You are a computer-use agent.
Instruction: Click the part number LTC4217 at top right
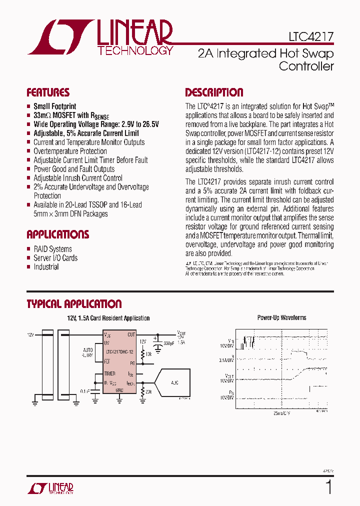click(310, 37)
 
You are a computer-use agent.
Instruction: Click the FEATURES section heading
click(48, 92)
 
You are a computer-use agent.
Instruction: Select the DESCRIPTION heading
click(214, 92)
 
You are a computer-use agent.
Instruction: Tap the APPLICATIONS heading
click(58, 234)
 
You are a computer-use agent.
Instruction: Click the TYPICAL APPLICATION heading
click(74, 304)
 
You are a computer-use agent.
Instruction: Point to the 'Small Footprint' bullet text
click(55, 106)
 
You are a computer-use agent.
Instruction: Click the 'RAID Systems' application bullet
click(52, 249)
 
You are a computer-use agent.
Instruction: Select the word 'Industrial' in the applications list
click(46, 267)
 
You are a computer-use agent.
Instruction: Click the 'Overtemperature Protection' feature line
click(70, 151)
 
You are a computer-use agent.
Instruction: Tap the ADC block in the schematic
click(174, 382)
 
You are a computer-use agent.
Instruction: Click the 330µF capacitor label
click(169, 343)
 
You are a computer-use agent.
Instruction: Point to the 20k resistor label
click(149, 392)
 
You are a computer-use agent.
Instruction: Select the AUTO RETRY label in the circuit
click(88, 352)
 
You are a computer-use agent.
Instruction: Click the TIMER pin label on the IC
click(110, 373)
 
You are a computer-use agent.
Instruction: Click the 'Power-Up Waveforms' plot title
click(281, 318)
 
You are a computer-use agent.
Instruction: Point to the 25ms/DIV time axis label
click(281, 414)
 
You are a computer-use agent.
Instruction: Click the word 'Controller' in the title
click(306, 66)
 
